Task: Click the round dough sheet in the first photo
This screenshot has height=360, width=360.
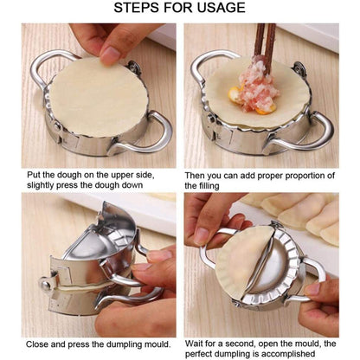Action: click(x=96, y=95)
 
